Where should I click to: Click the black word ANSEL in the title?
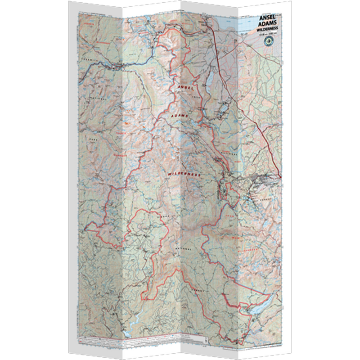(268, 19)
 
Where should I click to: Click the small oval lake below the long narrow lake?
(223, 109)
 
